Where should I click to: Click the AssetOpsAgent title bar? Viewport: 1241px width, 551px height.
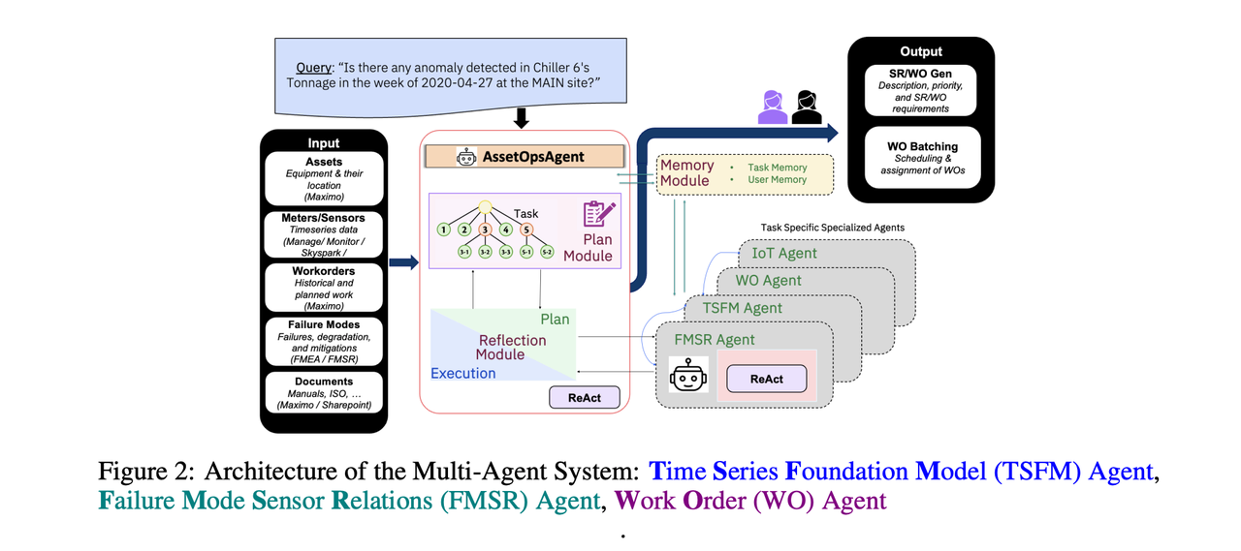click(525, 157)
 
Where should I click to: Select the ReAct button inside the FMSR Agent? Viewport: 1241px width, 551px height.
click(766, 379)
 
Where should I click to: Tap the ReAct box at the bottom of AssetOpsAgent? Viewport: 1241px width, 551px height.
click(585, 398)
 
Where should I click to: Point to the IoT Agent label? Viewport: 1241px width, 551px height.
click(784, 254)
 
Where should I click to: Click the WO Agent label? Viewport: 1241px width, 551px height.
click(768, 281)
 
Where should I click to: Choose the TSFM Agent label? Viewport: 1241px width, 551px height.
click(742, 308)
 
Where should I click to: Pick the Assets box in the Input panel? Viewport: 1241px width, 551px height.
click(324, 179)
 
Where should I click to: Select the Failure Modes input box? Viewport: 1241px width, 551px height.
click(324, 341)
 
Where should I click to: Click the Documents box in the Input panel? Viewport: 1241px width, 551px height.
click(324, 393)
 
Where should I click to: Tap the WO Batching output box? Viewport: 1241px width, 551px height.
click(922, 158)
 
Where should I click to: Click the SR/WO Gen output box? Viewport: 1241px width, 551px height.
click(920, 90)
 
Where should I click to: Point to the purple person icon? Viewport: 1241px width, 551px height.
click(773, 107)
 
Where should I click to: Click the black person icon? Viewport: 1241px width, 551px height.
click(806, 107)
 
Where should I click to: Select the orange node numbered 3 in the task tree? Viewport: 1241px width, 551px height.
click(485, 230)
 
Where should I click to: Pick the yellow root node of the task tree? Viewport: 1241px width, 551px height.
click(485, 207)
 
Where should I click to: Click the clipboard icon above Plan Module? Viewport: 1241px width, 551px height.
click(599, 214)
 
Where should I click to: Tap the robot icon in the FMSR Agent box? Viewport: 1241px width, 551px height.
click(688, 375)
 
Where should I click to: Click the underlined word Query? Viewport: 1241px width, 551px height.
click(313, 68)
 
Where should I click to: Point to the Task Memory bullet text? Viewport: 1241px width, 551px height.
click(777, 168)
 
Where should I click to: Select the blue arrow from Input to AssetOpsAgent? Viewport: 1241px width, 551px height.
click(403, 262)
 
